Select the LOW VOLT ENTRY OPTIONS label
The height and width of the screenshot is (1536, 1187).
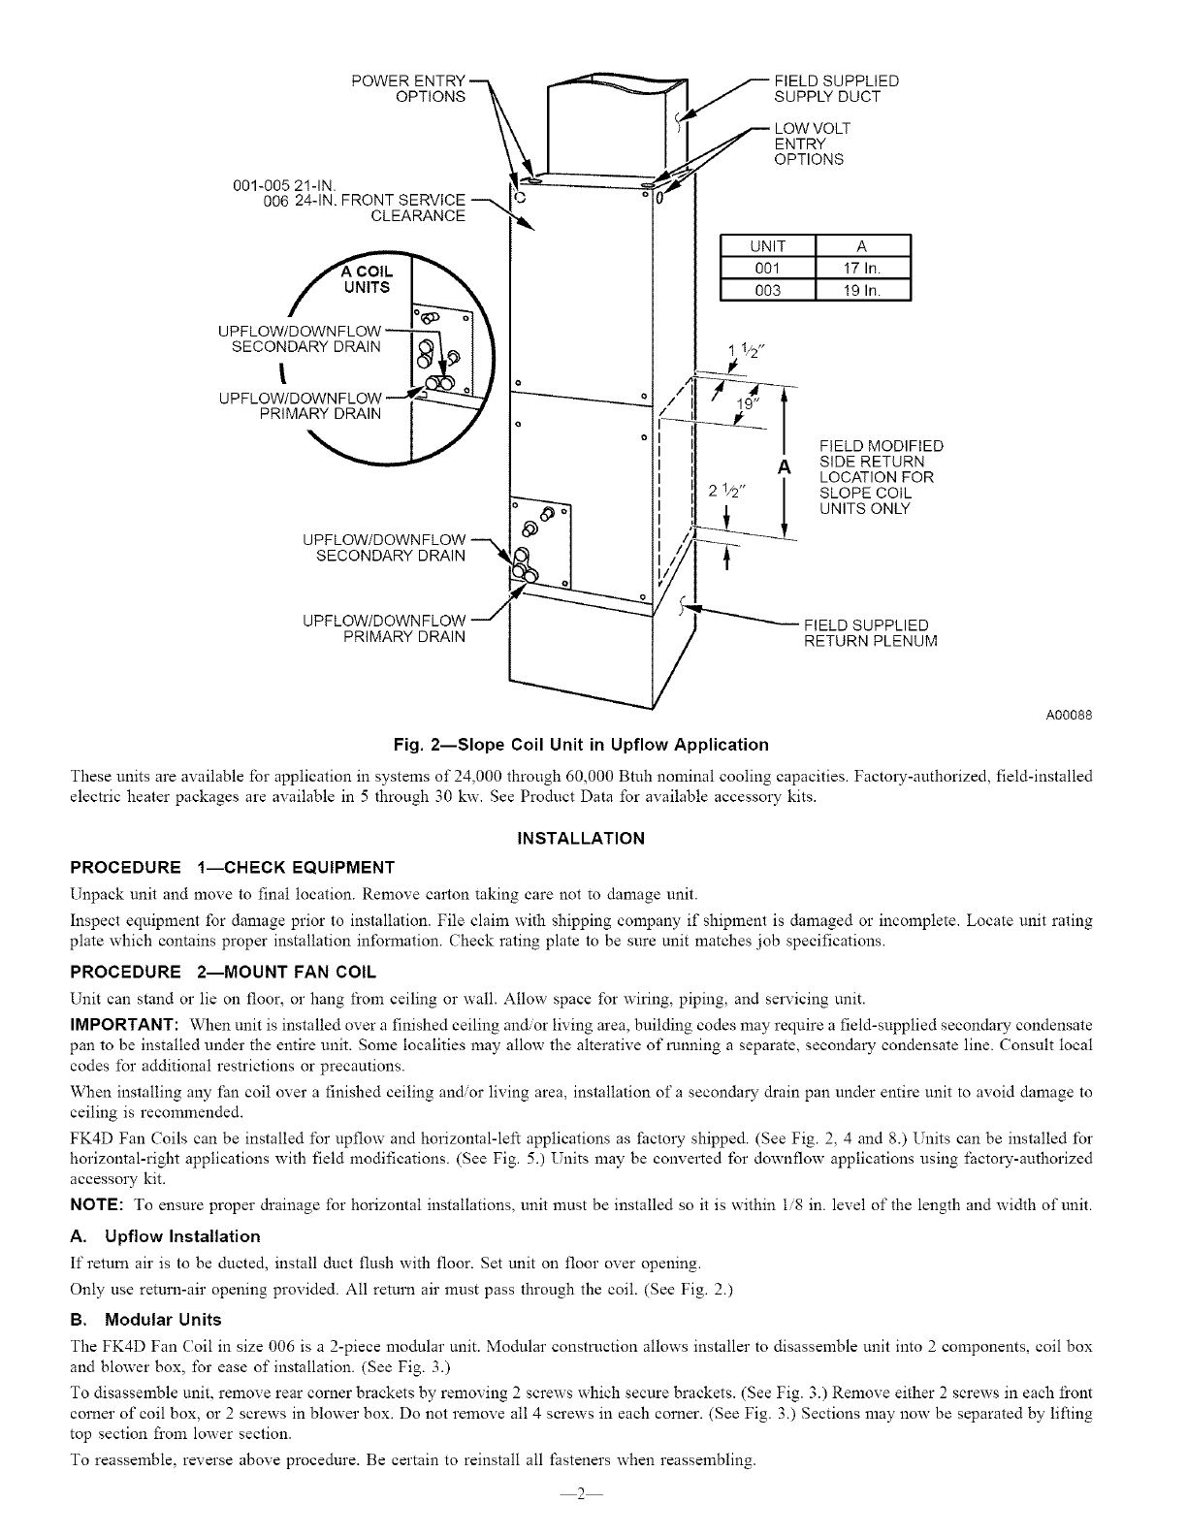(808, 144)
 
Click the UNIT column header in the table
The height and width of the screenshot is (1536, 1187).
(768, 246)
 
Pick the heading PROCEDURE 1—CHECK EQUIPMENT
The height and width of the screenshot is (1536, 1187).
(233, 866)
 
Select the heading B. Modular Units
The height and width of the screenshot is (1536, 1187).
(146, 1320)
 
